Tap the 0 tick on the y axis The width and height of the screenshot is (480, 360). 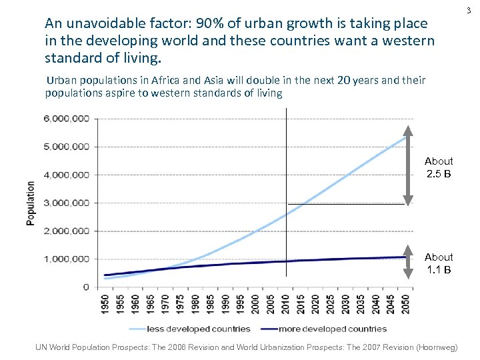point(85,287)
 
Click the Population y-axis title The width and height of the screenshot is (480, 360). point(31,203)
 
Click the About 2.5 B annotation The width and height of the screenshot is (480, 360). point(439,167)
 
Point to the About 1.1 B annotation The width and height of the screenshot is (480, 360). point(439,263)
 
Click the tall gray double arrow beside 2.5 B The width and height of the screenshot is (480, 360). point(408,165)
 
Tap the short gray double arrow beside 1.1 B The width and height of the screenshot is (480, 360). point(408,265)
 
